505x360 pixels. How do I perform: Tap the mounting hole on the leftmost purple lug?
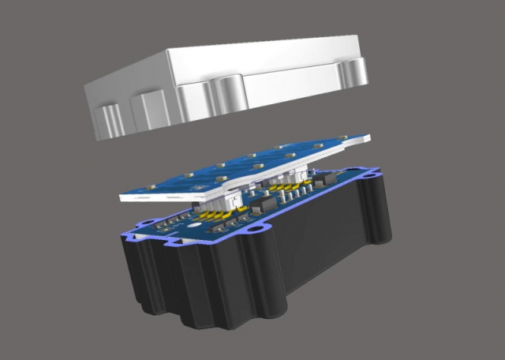pos(129,234)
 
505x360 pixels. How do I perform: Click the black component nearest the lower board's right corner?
pos(324,181)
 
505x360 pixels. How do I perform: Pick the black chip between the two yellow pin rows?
pos(261,207)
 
